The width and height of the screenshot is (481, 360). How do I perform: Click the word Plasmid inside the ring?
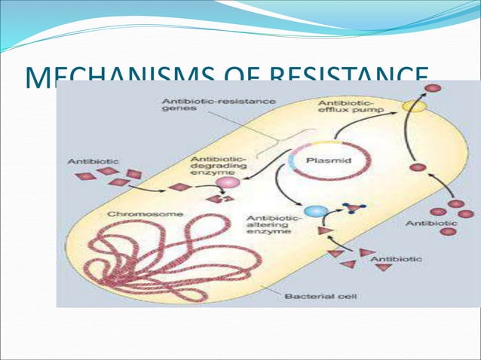[x=326, y=160]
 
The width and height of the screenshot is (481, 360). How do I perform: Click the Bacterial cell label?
[x=314, y=296]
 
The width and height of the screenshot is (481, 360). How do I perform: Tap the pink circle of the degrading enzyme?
[x=225, y=182]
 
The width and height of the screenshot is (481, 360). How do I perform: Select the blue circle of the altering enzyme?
[x=312, y=212]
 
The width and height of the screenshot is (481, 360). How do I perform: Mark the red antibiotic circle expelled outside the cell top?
[x=433, y=89]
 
